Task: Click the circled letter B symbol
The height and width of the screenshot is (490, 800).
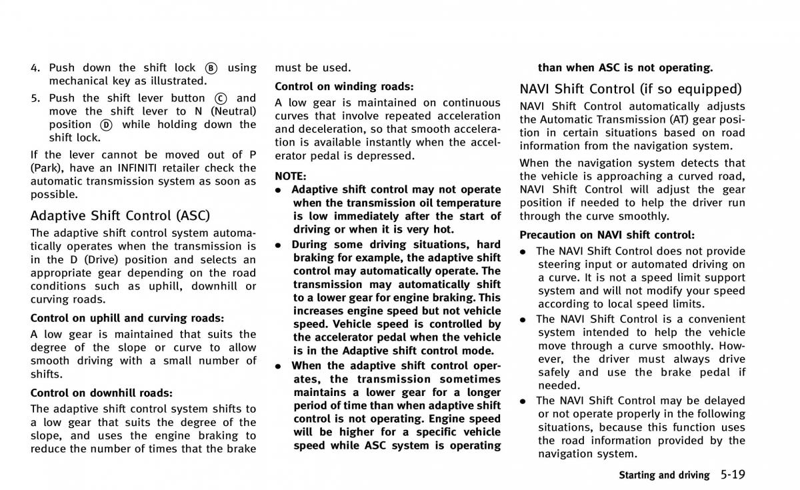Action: pos(211,68)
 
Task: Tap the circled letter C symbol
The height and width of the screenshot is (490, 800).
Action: pos(221,99)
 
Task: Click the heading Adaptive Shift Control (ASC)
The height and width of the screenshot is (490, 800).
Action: pos(120,215)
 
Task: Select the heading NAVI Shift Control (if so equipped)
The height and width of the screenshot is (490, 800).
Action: pos(631,89)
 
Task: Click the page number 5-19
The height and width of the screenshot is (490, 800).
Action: pos(733,474)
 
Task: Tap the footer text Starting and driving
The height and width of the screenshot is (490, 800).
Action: pos(664,475)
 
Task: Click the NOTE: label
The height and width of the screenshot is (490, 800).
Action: pos(290,176)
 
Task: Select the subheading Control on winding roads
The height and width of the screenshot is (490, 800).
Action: pos(344,86)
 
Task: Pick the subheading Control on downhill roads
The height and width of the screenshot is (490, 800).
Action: pos(101,393)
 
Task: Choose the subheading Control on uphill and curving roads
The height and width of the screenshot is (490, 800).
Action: pos(127,318)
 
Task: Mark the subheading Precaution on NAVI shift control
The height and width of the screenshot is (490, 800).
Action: pos(607,235)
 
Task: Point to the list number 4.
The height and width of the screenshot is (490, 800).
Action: pos(35,68)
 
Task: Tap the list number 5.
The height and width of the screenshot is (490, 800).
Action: pos(35,98)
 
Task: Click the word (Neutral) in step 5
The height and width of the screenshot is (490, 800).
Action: pos(233,111)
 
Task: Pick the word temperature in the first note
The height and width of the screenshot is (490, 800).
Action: pos(467,203)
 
